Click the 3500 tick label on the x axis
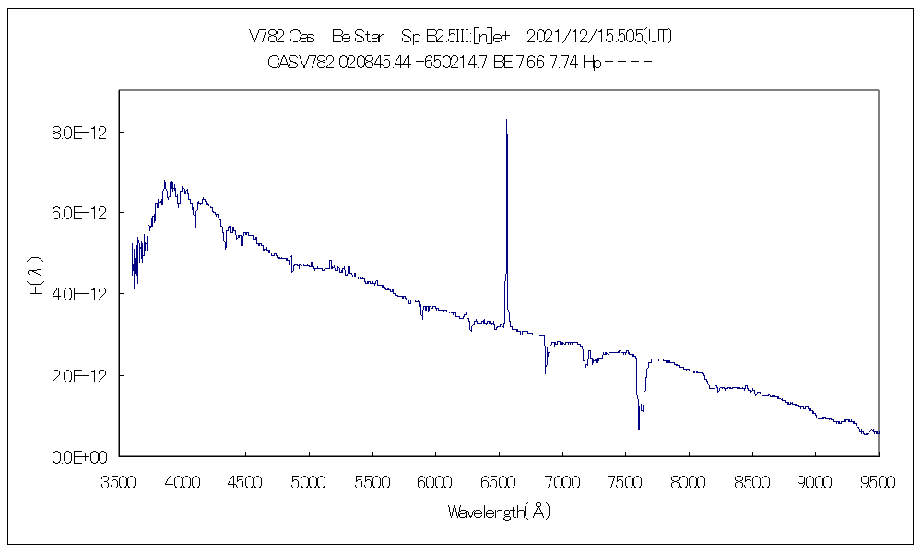[120, 482]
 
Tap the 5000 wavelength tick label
[309, 482]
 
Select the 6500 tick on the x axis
[499, 482]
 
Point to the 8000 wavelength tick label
[689, 482]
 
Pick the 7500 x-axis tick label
[625, 482]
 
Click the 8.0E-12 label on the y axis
[80, 133]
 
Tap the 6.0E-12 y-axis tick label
[80, 213]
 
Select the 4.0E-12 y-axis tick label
[80, 294]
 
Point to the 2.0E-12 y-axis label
[80, 376]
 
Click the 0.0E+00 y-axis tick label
[80, 457]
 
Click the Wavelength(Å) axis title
[499, 512]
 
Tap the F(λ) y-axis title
[36, 276]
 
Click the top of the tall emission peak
[506, 120]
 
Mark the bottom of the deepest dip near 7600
[639, 429]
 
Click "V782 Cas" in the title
[281, 37]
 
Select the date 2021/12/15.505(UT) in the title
[598, 37]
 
